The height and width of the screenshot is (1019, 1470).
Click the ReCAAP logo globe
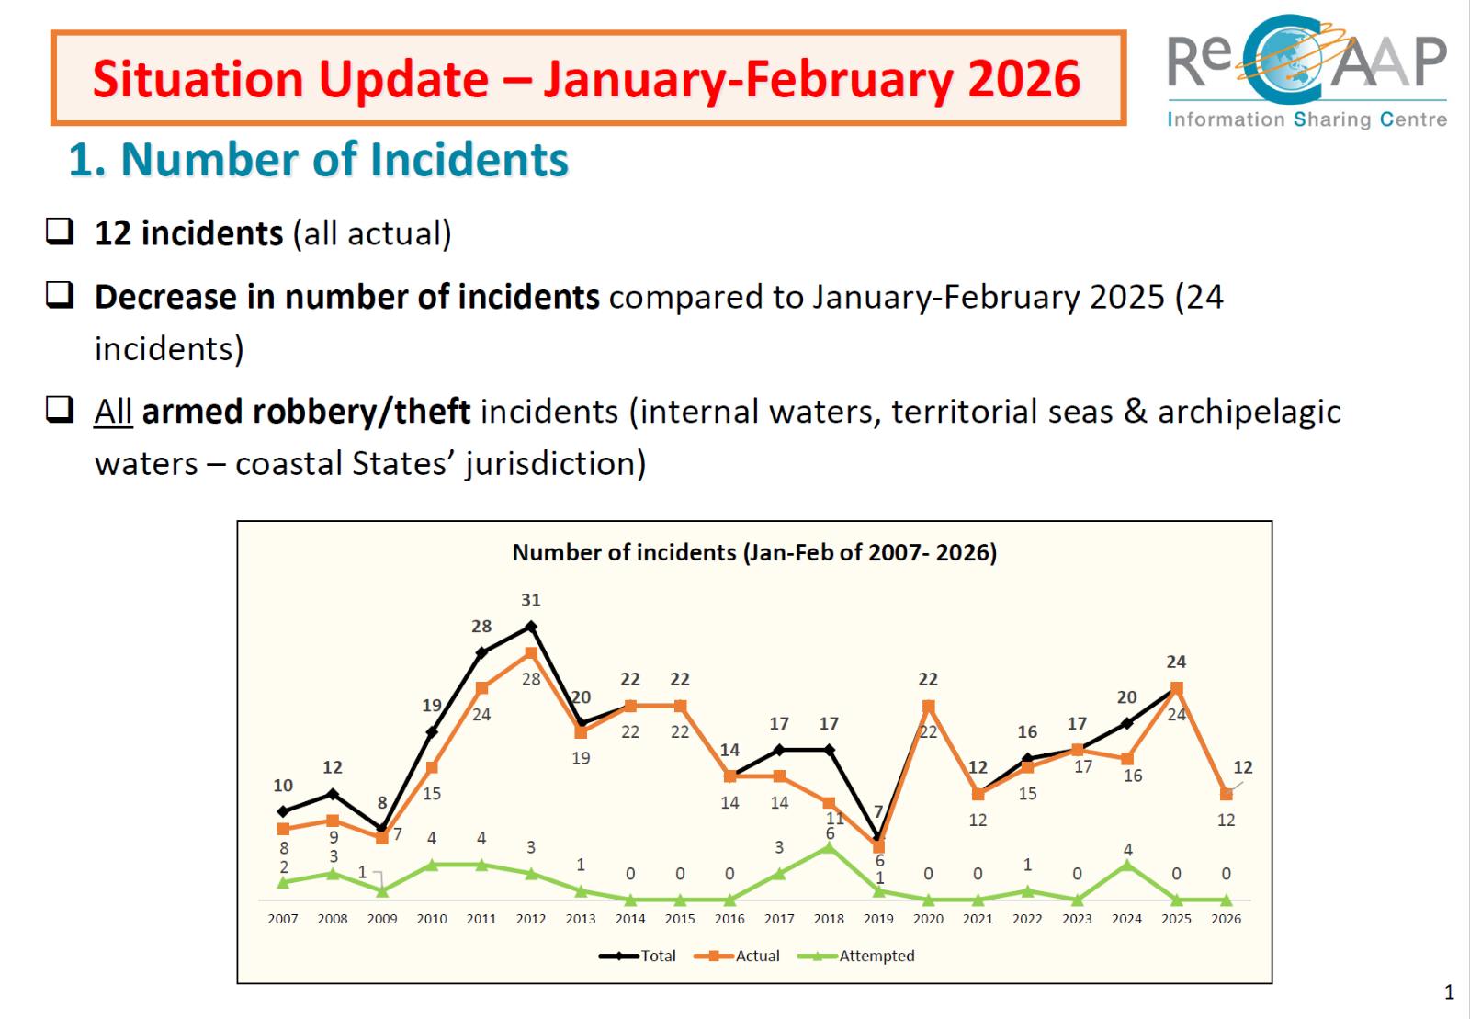pyautogui.click(x=1290, y=61)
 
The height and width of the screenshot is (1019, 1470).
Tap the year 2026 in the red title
pyautogui.click(x=1023, y=79)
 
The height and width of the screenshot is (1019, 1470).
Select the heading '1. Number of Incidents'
pyautogui.click(x=318, y=160)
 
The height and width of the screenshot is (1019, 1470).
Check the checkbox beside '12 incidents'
pyautogui.click(x=61, y=231)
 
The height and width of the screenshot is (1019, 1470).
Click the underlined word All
pyautogui.click(x=114, y=412)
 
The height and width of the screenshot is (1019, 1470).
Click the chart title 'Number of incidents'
pyautogui.click(x=753, y=552)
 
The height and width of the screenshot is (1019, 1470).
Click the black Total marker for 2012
pyautogui.click(x=531, y=627)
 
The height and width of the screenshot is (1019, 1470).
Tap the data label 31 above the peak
pyautogui.click(x=531, y=600)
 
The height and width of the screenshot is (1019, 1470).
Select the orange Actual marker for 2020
pyautogui.click(x=928, y=706)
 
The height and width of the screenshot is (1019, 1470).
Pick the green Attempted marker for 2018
pyautogui.click(x=829, y=847)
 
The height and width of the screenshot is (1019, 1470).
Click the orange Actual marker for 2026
pyautogui.click(x=1226, y=794)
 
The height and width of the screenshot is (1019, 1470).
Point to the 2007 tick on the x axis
pyautogui.click(x=283, y=919)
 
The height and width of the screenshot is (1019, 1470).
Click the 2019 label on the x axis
pyautogui.click(x=878, y=919)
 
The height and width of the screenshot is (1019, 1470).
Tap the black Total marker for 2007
pyautogui.click(x=283, y=811)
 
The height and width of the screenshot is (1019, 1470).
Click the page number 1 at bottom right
pyautogui.click(x=1449, y=992)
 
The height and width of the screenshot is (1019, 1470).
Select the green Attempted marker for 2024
pyautogui.click(x=1127, y=865)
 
